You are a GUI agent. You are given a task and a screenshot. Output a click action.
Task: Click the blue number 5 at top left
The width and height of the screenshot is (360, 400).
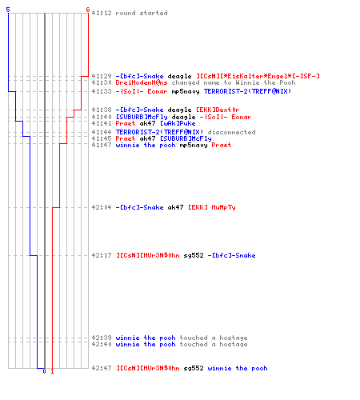(x=8, y=10)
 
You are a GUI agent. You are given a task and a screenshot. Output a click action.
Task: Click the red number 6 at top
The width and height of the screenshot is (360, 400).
(x=88, y=10)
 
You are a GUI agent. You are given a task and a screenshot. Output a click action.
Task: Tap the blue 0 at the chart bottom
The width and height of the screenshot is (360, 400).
(x=44, y=371)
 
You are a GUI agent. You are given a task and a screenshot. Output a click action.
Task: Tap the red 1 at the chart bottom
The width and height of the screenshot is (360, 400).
(x=52, y=371)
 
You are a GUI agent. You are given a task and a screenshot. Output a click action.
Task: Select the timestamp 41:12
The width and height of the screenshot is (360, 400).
(x=102, y=13)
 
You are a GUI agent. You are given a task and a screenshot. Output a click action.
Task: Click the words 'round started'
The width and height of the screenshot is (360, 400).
(x=142, y=13)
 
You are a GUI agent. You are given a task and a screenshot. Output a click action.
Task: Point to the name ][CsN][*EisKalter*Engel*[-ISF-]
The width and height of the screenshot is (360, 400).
(x=258, y=76)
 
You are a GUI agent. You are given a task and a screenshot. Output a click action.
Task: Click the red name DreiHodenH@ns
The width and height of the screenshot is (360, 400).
(x=142, y=82)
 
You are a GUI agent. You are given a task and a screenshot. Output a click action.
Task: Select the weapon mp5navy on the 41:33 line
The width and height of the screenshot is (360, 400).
(x=186, y=91)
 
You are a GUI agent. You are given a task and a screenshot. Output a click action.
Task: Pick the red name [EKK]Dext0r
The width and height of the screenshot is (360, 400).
(x=218, y=110)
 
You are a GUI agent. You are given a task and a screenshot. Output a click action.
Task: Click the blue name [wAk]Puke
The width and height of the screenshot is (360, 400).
(x=178, y=123)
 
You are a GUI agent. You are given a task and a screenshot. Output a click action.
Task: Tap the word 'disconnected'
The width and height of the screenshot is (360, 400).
(x=232, y=132)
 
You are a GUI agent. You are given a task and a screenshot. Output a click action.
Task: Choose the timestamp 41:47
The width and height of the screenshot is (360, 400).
(x=102, y=145)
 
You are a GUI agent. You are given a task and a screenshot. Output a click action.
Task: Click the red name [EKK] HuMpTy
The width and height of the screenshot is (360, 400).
(x=212, y=207)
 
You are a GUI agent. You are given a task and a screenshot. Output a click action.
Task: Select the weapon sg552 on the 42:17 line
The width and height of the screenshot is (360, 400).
(x=194, y=255)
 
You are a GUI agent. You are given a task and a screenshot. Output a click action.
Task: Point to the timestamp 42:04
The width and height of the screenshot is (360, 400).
(x=102, y=207)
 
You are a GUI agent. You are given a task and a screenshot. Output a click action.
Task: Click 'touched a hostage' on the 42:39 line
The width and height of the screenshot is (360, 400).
(x=214, y=338)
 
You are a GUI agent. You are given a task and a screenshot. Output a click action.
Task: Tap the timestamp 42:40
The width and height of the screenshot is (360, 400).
(x=102, y=344)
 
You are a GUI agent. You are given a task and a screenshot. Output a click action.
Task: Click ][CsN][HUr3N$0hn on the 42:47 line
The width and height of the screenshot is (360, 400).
(x=148, y=368)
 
